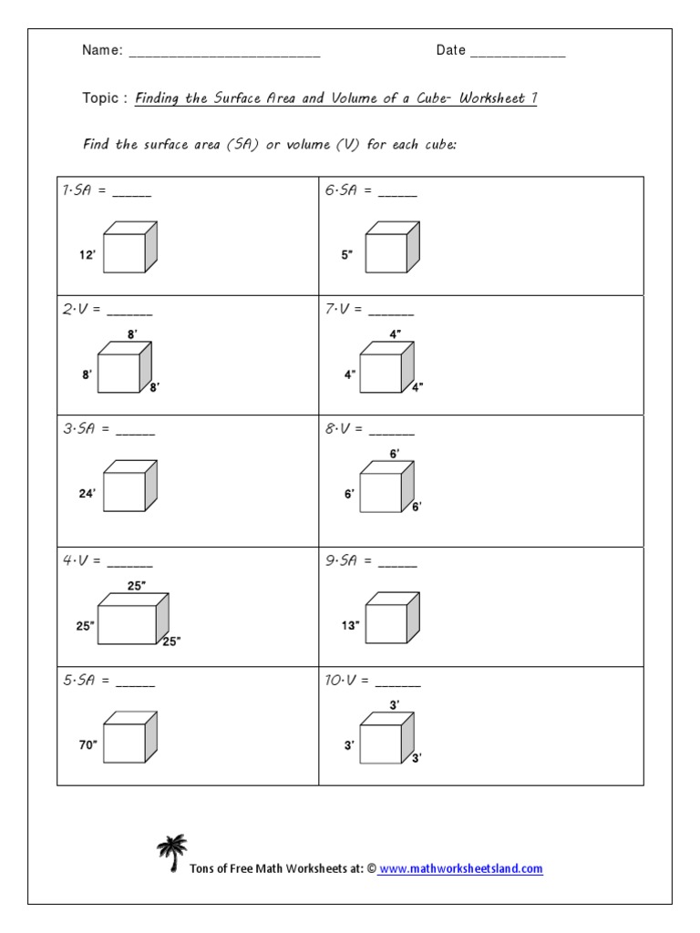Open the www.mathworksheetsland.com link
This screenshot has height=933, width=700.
click(x=460, y=869)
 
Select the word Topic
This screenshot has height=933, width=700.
click(x=101, y=98)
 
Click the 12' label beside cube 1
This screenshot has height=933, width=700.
click(x=87, y=257)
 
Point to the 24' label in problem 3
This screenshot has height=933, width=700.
click(x=87, y=493)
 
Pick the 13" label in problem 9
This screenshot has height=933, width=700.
click(x=351, y=625)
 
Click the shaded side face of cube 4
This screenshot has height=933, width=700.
click(x=162, y=620)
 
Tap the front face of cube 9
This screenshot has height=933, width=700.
click(x=386, y=627)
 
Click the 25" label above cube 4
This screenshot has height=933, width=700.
click(x=136, y=586)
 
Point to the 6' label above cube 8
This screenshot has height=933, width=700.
click(x=395, y=454)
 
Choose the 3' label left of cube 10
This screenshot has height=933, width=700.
click(x=349, y=745)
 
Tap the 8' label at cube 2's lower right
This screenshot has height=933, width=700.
click(x=155, y=387)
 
